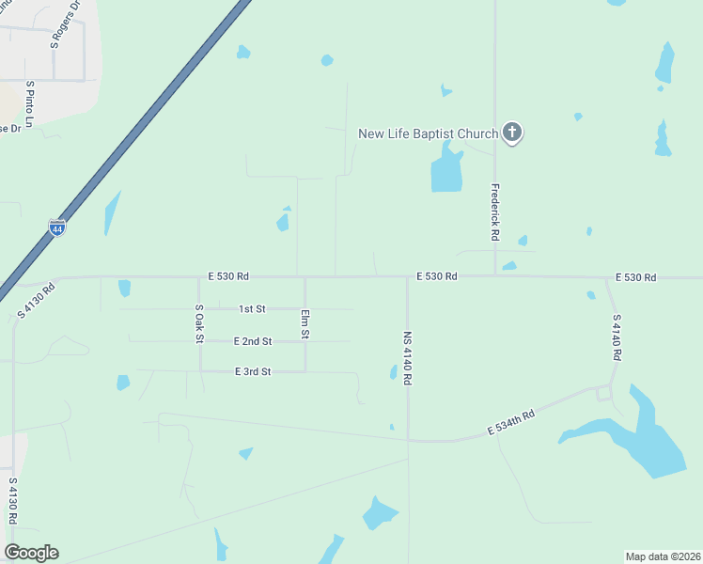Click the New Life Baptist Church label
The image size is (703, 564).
(x=428, y=133)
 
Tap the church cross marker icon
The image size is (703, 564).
(x=512, y=133)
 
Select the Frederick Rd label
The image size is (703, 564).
(x=493, y=211)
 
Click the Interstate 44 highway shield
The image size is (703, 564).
(x=57, y=228)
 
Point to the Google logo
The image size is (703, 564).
(x=31, y=552)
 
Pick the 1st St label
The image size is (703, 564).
(x=253, y=308)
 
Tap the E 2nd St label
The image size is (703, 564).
(x=253, y=341)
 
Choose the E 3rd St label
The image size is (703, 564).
(x=253, y=372)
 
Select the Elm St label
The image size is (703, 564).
(x=305, y=324)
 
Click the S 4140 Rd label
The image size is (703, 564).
(x=617, y=337)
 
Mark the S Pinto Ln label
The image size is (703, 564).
(x=30, y=104)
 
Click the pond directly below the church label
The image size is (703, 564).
(x=446, y=172)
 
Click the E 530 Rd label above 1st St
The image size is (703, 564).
(x=228, y=276)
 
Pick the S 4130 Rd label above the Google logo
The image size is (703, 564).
(x=14, y=507)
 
